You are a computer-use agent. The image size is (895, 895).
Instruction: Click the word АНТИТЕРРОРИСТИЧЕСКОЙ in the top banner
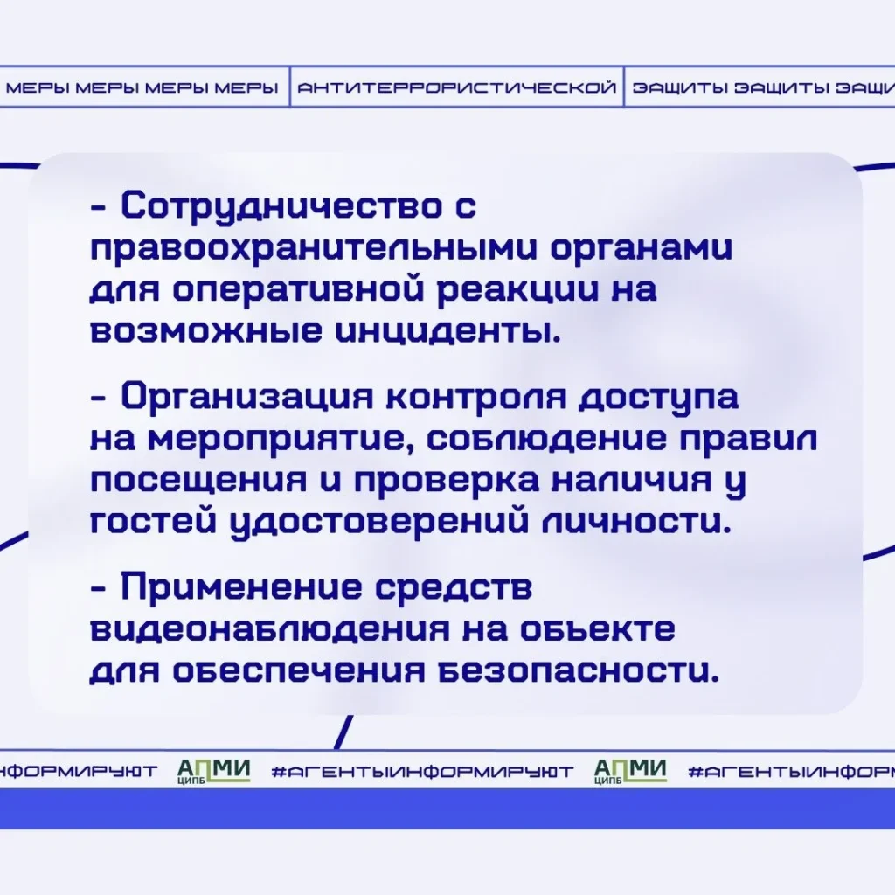click(457, 88)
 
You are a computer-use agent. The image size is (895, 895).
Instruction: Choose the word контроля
click(476, 398)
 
